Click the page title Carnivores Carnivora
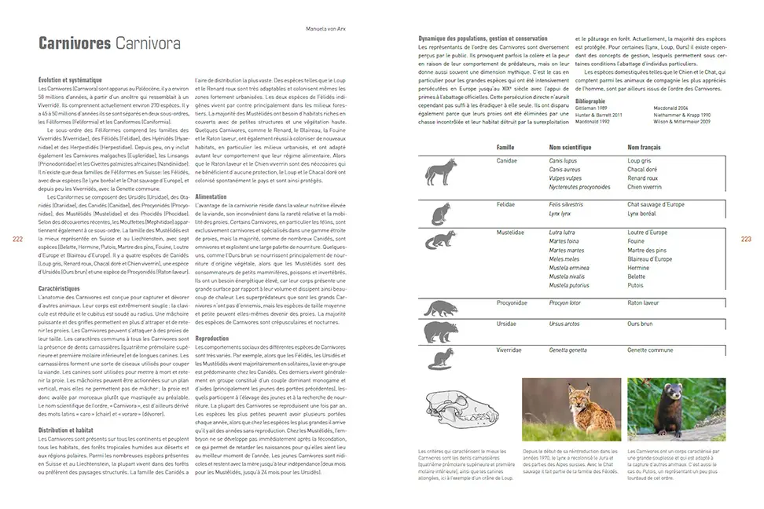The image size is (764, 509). [109, 44]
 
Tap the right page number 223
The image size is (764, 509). [746, 239]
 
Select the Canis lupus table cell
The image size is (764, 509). [564, 160]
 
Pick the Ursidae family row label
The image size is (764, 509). [507, 323]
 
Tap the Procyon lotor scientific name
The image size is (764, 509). [564, 302]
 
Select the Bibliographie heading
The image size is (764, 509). [591, 101]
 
